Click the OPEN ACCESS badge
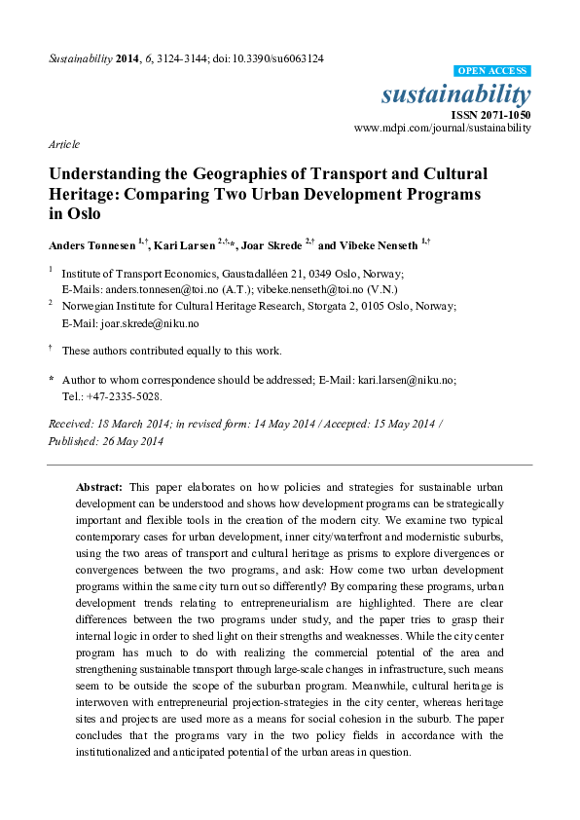492,71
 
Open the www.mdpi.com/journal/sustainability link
443,128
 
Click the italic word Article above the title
64,144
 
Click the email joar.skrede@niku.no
150,322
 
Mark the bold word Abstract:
99,485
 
